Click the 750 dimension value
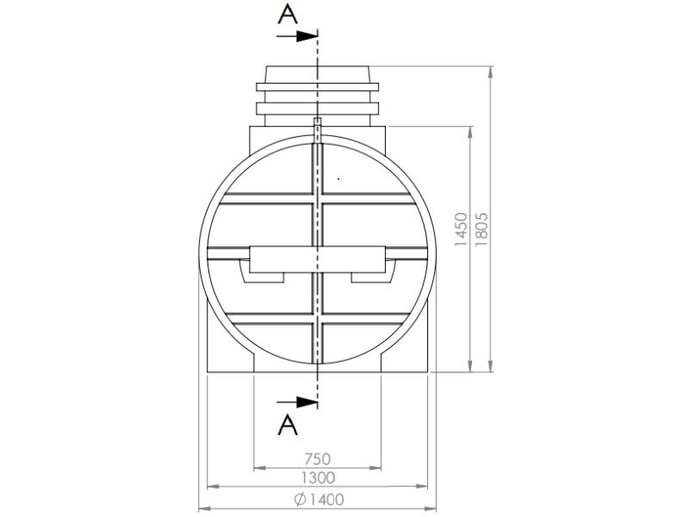tap(318, 460)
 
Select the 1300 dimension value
tap(318, 477)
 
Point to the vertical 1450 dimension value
tap(462, 231)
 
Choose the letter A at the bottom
tap(289, 424)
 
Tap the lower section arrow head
tap(308, 402)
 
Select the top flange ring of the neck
tap(318, 86)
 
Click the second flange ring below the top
tap(318, 107)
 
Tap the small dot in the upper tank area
tap(338, 178)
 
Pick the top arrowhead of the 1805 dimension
tap(490, 72)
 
